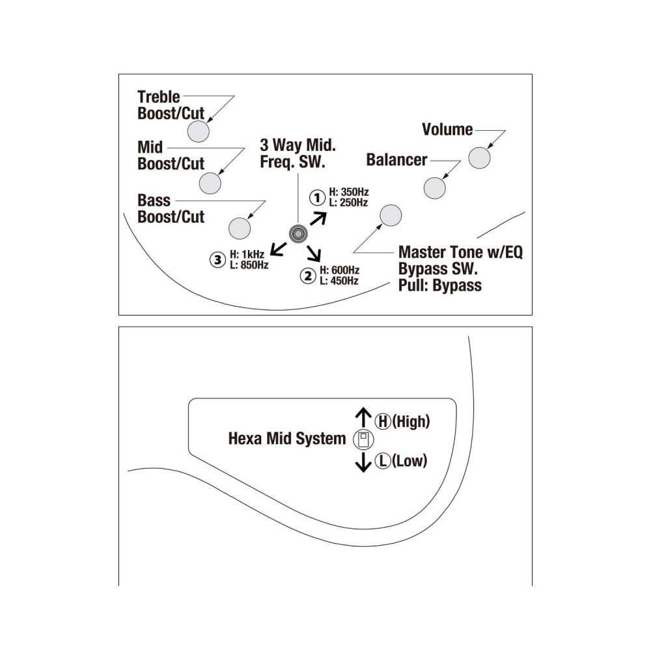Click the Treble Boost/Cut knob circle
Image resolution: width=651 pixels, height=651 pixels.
[198, 132]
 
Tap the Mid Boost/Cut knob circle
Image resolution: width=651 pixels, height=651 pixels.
[210, 183]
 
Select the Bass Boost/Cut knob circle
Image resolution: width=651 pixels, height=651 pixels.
[240, 229]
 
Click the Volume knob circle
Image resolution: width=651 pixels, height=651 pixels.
[479, 158]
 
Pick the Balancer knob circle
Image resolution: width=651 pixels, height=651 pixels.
[434, 188]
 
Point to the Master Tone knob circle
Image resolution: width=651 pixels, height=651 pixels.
[391, 215]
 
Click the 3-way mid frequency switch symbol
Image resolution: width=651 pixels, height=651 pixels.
[298, 234]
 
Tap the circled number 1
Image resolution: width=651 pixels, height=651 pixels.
[317, 198]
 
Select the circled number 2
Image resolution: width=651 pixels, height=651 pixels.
[308, 275]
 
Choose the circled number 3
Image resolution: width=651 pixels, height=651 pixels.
[217, 260]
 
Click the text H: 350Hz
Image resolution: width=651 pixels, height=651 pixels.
[349, 192]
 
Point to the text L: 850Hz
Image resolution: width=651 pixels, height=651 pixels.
[249, 265]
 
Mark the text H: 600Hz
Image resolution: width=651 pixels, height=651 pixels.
[339, 270]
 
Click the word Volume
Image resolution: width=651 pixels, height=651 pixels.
[447, 130]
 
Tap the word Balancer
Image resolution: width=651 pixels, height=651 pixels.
[396, 160]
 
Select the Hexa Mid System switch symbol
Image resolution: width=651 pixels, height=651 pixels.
[363, 439]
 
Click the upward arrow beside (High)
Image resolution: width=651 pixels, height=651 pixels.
[363, 417]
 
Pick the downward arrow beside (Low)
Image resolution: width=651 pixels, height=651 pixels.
[363, 462]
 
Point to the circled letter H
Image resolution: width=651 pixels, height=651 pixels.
[383, 421]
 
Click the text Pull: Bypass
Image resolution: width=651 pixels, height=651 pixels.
[440, 286]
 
